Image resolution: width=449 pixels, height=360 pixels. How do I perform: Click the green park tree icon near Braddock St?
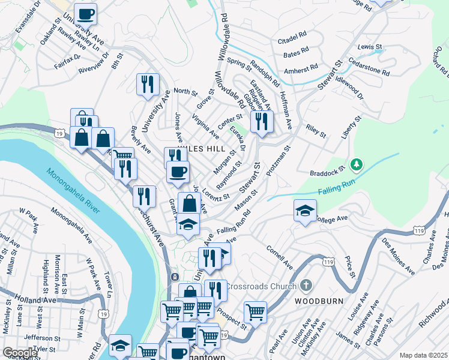point(357,163)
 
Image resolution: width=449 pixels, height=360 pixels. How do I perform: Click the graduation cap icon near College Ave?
point(305,211)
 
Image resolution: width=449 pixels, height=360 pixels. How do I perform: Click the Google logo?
point(19,353)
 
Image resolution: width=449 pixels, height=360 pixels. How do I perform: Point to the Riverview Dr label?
point(94,64)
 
